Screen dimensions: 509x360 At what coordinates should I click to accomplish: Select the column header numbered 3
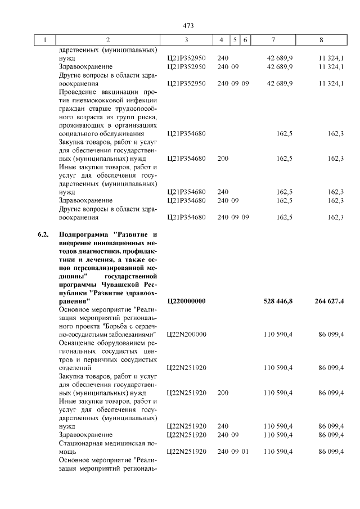coord(186,40)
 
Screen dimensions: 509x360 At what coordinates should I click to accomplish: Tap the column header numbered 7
coord(273,40)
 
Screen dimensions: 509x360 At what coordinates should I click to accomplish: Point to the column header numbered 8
coord(321,40)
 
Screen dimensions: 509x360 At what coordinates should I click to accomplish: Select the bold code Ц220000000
coord(187,301)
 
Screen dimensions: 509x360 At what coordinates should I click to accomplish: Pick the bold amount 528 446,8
coord(278,301)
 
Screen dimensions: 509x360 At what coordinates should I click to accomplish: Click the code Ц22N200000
coord(187,335)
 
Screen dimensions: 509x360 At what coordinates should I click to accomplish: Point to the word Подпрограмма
coord(83,233)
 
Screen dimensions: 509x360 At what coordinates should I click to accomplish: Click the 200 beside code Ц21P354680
coord(223,159)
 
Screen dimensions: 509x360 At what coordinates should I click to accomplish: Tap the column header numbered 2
coord(108,40)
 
